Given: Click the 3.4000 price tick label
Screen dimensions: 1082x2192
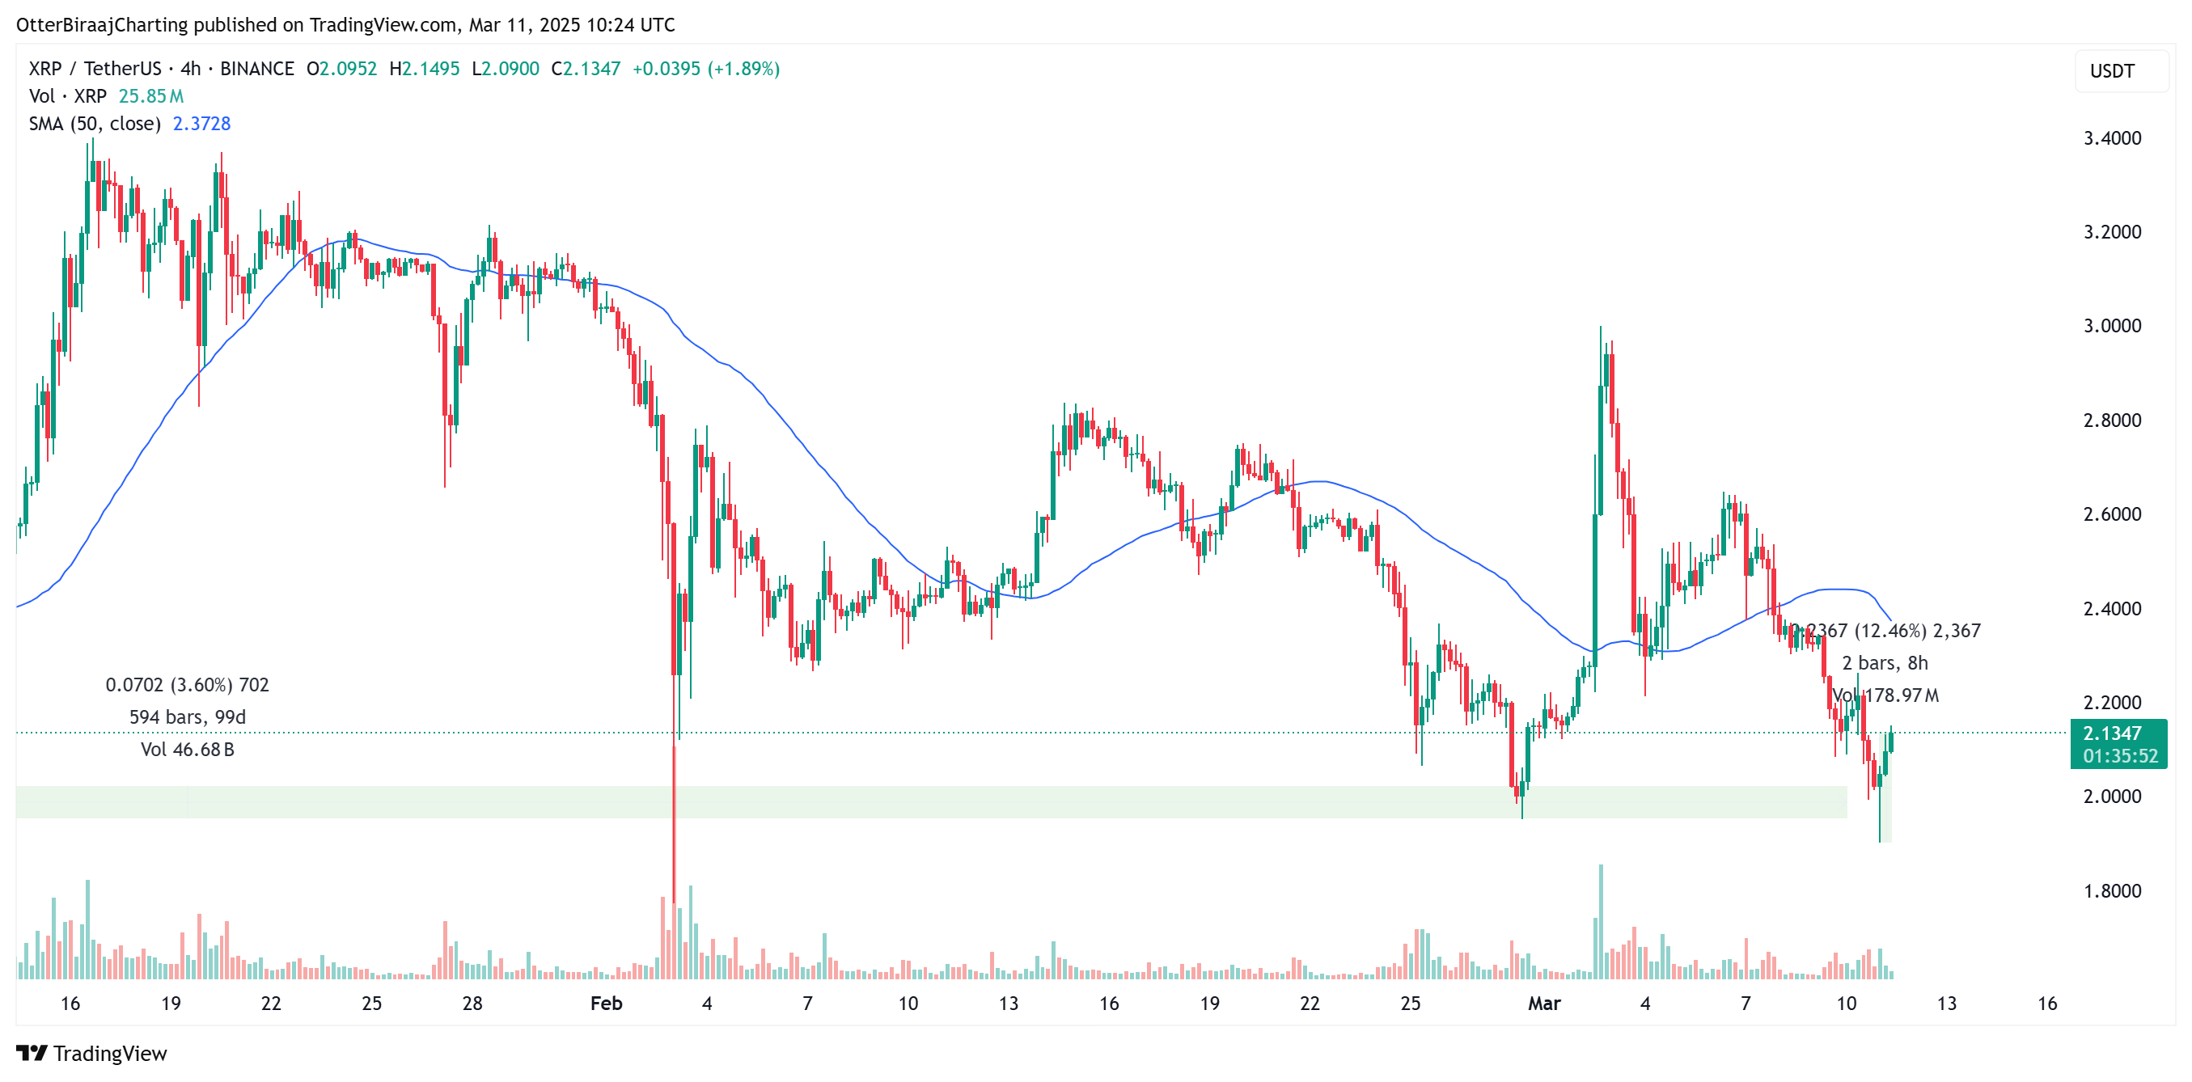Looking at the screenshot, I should point(2111,137).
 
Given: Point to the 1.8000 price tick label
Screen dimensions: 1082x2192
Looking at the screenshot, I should point(2111,890).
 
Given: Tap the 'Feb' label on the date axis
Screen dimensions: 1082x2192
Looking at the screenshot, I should point(606,1003).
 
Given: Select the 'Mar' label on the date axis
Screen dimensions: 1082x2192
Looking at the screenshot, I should point(1543,1003).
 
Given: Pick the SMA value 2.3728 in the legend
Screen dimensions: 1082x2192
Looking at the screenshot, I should point(201,124).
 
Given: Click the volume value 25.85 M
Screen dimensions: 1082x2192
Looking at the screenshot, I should point(150,96).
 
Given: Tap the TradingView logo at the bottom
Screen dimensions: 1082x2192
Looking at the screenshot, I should point(92,1053).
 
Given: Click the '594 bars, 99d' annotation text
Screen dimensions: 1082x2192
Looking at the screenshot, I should point(187,717).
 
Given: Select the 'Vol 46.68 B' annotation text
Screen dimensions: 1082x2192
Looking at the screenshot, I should point(187,750).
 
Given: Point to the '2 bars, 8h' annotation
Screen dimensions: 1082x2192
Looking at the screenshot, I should point(1884,662).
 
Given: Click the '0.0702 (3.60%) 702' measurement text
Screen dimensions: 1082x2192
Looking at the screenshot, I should point(187,685).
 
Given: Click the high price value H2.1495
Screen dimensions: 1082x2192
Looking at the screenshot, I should point(424,69).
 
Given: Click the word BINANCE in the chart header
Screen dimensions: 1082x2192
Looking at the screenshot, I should point(257,69).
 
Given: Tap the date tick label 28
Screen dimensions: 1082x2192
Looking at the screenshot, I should point(472,1003).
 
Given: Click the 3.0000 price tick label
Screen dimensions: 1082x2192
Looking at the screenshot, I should point(2111,326).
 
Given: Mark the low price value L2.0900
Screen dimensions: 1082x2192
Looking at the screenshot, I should point(506,69).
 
